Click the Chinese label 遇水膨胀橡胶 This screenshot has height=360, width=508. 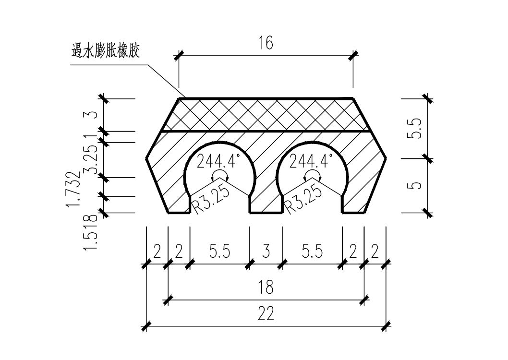(106, 51)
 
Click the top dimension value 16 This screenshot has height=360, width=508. (266, 43)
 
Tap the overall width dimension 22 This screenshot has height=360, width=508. (266, 313)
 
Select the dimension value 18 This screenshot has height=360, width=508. (266, 287)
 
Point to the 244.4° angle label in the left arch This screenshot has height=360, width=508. (218, 161)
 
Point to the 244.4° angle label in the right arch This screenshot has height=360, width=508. (311, 161)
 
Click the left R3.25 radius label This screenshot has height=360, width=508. (210, 199)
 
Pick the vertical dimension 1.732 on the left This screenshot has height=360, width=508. (73, 189)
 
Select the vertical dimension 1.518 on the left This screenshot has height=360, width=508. (90, 232)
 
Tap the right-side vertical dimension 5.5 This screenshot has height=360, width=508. (415, 129)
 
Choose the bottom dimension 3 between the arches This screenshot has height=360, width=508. (266, 251)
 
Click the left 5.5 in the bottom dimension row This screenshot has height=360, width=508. (219, 251)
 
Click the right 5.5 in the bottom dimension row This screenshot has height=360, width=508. (312, 251)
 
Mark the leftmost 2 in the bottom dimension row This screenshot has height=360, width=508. (157, 251)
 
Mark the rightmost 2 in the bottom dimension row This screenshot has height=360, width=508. (375, 251)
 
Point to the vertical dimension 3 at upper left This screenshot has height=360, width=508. (92, 115)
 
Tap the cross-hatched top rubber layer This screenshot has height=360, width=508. (266, 115)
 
